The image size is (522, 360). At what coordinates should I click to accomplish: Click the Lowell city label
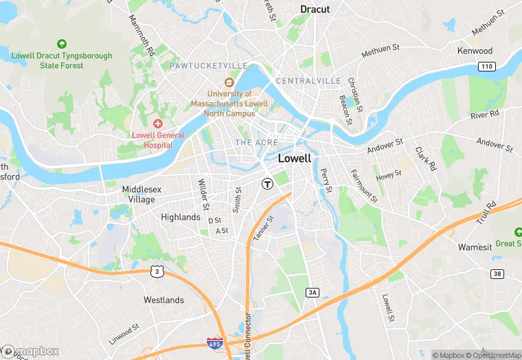coord(295,158)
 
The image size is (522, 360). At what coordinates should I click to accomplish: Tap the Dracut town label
coord(315,10)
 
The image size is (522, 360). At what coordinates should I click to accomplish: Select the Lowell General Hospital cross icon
coord(158,124)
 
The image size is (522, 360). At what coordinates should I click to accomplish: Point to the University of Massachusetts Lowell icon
coord(229,82)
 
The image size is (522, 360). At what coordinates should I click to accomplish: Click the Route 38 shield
coord(497,274)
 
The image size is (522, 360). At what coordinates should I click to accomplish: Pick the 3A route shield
coord(313,293)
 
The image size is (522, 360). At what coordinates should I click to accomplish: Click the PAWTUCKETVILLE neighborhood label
coord(209,65)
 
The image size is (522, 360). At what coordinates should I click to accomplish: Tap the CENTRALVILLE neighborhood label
coord(308,81)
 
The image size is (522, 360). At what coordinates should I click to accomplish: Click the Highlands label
coord(180,217)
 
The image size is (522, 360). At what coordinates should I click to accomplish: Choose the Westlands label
coord(163,300)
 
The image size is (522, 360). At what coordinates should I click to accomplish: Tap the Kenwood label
coord(475,51)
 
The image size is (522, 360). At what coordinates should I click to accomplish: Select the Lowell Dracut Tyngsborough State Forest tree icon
coord(62,44)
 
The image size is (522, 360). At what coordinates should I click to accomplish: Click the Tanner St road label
coord(263,229)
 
